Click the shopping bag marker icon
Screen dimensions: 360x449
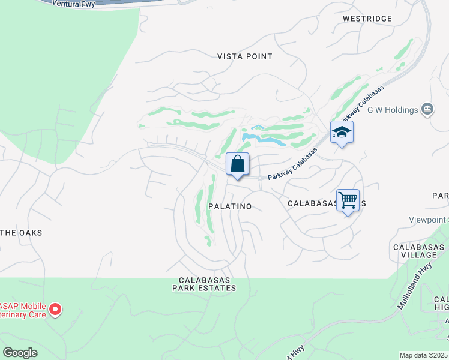[x=237, y=164]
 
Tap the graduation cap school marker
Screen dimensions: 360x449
[x=342, y=133]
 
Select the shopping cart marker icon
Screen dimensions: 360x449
[x=348, y=201]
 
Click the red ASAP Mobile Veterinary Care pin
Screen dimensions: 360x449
[x=55, y=310]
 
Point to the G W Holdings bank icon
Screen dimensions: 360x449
[x=427, y=109]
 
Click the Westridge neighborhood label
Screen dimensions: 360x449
[x=367, y=19]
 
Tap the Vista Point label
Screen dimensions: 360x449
[x=245, y=56]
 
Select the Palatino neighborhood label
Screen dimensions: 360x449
[x=230, y=206]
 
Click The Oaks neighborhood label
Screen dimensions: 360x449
[x=22, y=233]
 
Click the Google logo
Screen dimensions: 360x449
[x=20, y=352]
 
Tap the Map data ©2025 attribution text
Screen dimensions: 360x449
[x=424, y=355]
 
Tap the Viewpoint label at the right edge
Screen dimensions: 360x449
[x=429, y=220]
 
